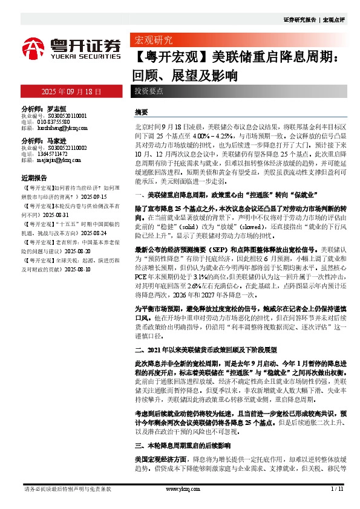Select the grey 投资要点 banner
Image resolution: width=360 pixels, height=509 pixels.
pos(149,91)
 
